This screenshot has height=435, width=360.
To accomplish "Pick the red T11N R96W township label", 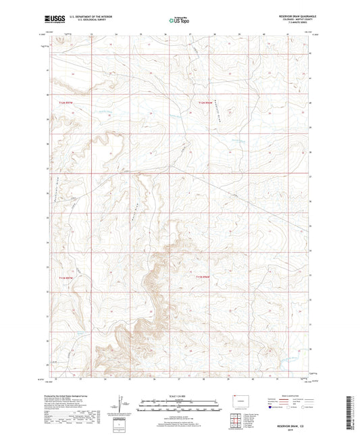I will click(205, 277).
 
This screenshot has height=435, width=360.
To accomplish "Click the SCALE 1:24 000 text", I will click(179, 396).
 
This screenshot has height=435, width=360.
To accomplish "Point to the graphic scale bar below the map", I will click(179, 407).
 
